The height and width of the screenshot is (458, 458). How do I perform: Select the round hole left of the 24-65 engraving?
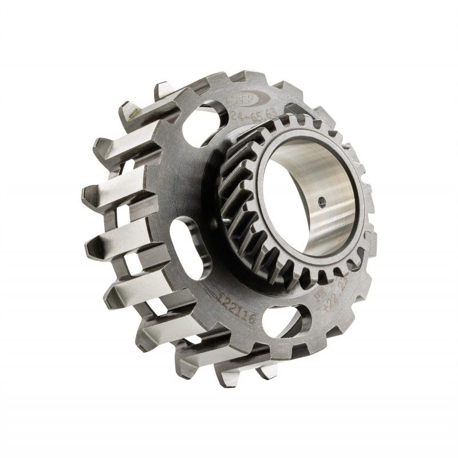pyautogui.click(x=215, y=121)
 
